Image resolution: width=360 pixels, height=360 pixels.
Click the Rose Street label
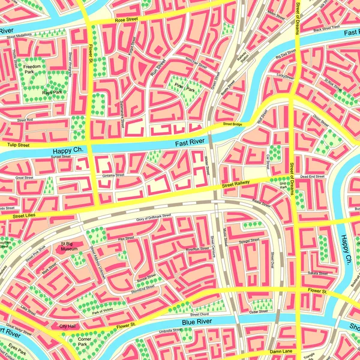point(127,20)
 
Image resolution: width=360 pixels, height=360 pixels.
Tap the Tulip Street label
point(17,145)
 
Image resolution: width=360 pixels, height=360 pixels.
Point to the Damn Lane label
point(280,350)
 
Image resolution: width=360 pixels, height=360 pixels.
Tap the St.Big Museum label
point(70,246)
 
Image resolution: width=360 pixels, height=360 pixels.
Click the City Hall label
point(67,326)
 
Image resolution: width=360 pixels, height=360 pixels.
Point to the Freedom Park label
point(32,69)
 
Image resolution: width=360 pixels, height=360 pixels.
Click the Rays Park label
point(52,93)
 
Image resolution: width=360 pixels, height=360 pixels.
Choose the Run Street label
point(158,69)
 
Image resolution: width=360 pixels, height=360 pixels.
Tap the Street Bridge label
point(232,124)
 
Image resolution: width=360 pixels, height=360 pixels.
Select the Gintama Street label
point(113,175)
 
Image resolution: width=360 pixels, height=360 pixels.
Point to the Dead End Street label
point(312,176)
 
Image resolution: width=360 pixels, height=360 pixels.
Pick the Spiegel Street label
point(249,241)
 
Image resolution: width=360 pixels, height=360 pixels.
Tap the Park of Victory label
point(103,310)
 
